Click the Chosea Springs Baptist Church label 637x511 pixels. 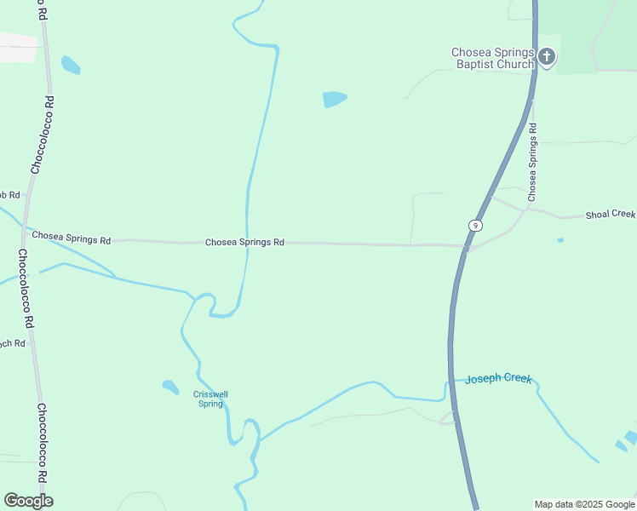tap(492, 58)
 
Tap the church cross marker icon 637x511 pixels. tap(547, 57)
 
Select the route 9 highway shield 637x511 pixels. tap(475, 225)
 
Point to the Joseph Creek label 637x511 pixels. tap(498, 378)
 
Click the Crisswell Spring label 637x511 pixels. tap(210, 399)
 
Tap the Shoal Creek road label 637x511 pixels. tap(610, 215)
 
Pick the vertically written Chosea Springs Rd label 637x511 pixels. tap(532, 162)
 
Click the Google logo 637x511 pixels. tap(29, 500)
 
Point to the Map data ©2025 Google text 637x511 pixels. tap(585, 504)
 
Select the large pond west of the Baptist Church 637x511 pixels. tap(334, 99)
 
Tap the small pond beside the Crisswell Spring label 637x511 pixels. tap(171, 387)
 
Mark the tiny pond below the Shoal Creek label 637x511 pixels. tap(560, 240)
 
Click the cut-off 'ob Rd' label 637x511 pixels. tap(9, 195)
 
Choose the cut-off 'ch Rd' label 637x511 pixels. tap(12, 343)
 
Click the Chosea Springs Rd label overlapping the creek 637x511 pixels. tap(244, 243)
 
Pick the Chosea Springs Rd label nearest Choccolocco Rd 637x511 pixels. tap(71, 239)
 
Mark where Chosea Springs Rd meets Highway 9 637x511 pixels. tap(465, 248)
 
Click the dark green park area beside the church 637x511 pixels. tap(588, 34)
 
